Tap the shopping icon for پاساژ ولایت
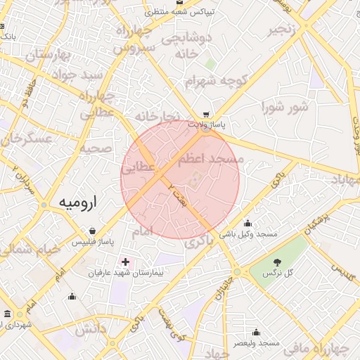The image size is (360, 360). (x=205, y=114)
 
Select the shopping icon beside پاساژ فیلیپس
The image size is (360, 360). (x=93, y=230)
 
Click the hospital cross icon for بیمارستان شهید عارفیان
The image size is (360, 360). (x=125, y=262)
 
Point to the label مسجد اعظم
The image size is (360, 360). (x=210, y=160)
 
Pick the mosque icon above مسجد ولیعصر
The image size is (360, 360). (x=256, y=332)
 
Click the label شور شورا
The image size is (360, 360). (x=284, y=108)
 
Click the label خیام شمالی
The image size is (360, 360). (x=24, y=249)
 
